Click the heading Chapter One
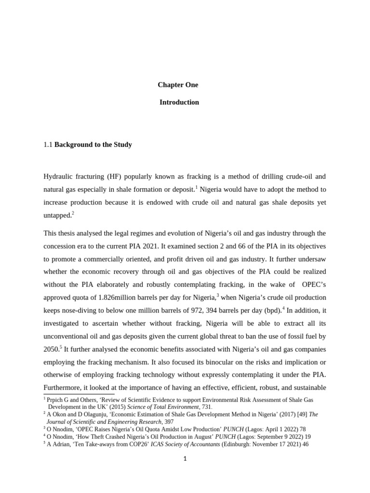tap(178, 85)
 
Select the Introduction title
tap(179, 102)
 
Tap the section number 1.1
tap(48, 144)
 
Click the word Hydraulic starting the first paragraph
tap(57, 177)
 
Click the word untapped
tap(57, 216)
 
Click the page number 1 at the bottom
tap(185, 459)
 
